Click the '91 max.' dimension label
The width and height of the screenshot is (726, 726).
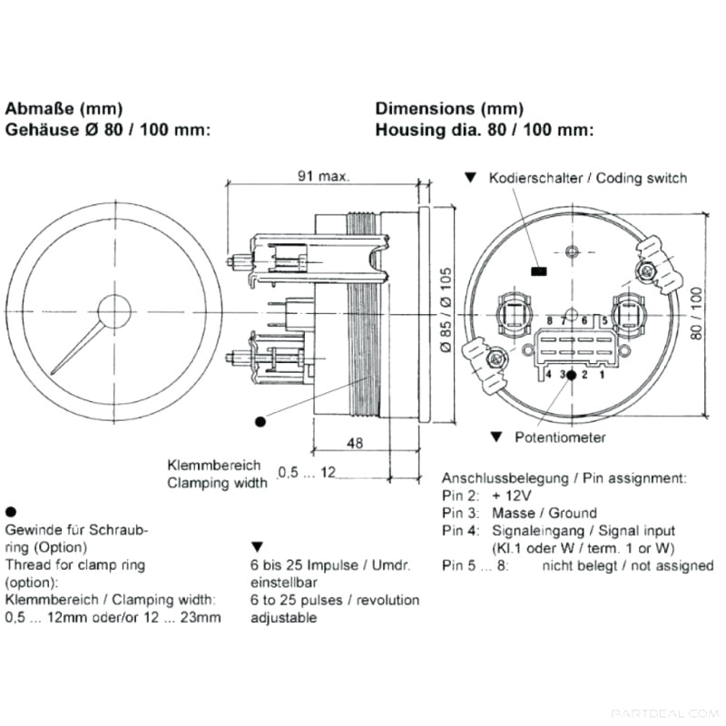pyautogui.click(x=324, y=175)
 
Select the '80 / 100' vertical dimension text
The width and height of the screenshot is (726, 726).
pyautogui.click(x=697, y=313)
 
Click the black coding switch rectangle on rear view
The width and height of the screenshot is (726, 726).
pyautogui.click(x=539, y=270)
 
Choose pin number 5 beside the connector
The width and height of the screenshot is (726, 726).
pyautogui.click(x=603, y=321)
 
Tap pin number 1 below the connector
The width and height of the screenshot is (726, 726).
pyautogui.click(x=602, y=373)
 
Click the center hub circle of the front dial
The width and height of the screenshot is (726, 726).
pyautogui.click(x=114, y=310)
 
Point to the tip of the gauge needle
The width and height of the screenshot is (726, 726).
pyautogui.click(x=53, y=374)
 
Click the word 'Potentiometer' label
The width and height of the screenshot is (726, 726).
pyautogui.click(x=560, y=437)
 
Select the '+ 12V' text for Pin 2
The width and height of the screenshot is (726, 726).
pyautogui.click(x=512, y=495)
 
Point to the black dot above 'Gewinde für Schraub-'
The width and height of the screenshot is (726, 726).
pyautogui.click(x=10, y=512)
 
